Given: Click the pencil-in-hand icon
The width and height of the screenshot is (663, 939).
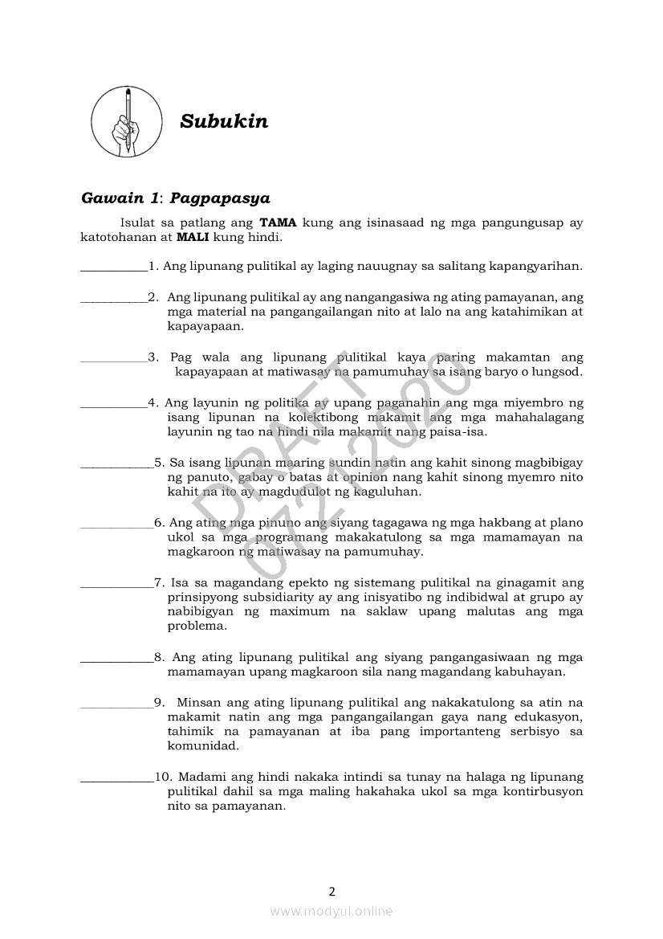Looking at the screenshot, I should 125,122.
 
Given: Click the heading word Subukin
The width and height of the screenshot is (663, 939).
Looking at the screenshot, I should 224,122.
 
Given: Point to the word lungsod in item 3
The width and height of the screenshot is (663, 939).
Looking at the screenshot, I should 556,372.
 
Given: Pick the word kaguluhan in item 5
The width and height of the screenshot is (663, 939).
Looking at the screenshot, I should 391,492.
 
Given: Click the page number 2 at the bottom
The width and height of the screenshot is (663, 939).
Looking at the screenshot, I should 331,891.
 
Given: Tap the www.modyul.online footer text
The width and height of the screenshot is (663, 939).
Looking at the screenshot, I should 331,911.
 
